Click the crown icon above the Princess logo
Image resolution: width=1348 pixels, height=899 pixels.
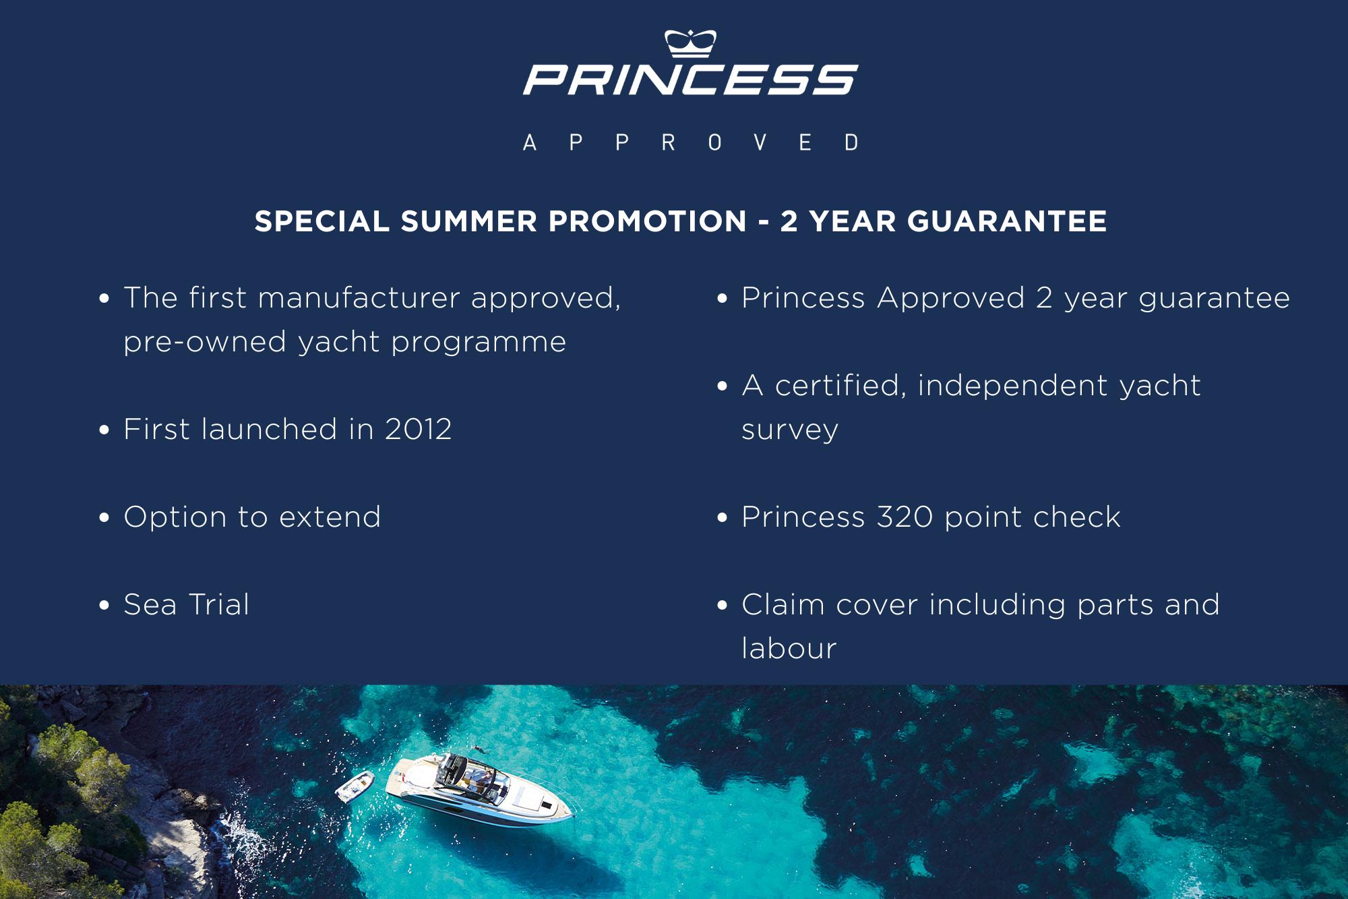pos(690,43)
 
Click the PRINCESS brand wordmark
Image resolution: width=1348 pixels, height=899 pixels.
pos(690,80)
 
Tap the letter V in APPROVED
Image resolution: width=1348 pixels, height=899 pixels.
pos(760,142)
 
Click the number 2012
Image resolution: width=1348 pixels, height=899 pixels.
pos(418,429)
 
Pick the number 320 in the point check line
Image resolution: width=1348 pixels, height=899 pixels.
pos(905,517)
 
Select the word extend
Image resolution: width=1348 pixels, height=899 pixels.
pos(330,517)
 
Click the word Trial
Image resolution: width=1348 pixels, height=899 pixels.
pos(219,604)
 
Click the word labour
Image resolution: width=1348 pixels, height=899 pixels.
pos(789,648)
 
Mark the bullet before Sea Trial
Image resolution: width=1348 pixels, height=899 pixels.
pos(104,605)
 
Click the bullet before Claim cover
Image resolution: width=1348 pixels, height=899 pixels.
pos(723,605)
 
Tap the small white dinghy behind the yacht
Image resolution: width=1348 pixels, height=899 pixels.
pos(355,786)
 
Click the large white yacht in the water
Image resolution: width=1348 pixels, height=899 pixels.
pos(479,786)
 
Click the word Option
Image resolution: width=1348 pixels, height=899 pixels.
pos(176,517)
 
